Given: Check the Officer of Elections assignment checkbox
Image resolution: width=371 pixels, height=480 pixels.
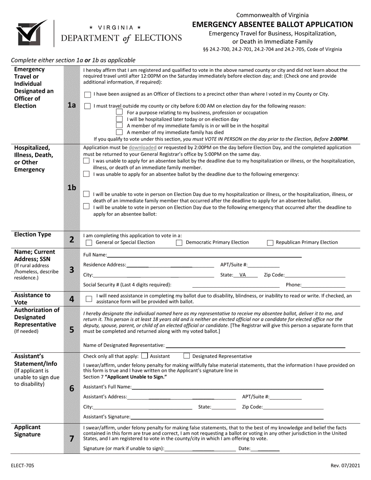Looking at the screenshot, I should (87, 94).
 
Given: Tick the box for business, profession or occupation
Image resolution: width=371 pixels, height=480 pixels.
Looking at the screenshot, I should (120, 112).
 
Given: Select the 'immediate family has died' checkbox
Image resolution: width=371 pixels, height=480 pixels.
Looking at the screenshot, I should (120, 132).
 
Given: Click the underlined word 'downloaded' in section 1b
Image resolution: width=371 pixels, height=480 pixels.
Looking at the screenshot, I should (143, 148).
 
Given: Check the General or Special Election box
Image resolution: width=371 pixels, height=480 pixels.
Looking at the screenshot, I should (89, 243).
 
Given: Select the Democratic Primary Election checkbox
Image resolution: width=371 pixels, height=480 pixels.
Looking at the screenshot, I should (179, 243).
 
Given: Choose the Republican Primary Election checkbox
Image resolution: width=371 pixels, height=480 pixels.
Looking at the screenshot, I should (270, 243).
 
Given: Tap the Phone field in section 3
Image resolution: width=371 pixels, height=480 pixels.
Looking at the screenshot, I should (323, 285).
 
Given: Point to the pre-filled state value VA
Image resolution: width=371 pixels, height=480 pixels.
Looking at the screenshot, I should (243, 275).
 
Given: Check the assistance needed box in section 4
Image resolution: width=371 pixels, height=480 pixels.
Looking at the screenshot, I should (89, 299).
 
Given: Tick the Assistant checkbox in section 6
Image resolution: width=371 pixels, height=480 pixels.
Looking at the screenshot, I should (144, 356).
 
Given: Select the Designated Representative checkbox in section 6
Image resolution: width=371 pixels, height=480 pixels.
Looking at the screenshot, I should (187, 356).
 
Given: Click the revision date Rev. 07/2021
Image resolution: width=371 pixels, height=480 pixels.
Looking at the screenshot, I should (344, 466).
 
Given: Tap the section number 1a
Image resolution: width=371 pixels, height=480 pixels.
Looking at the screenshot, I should (71, 105).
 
